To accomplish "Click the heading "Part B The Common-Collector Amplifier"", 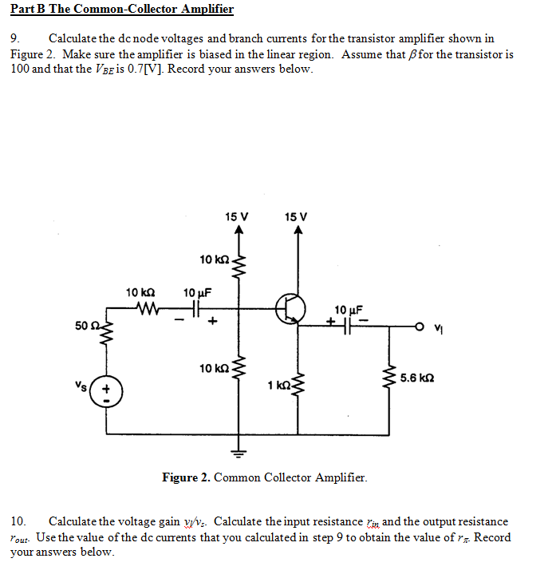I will point(122,10).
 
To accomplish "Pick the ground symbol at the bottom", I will point(237,451).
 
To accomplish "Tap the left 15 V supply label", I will point(236,216).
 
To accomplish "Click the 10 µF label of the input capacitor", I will point(196,292).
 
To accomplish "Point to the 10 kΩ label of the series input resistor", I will point(140,292).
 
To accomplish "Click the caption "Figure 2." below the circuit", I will point(186,477).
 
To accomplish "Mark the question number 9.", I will point(14,38).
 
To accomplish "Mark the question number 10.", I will point(18,521).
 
